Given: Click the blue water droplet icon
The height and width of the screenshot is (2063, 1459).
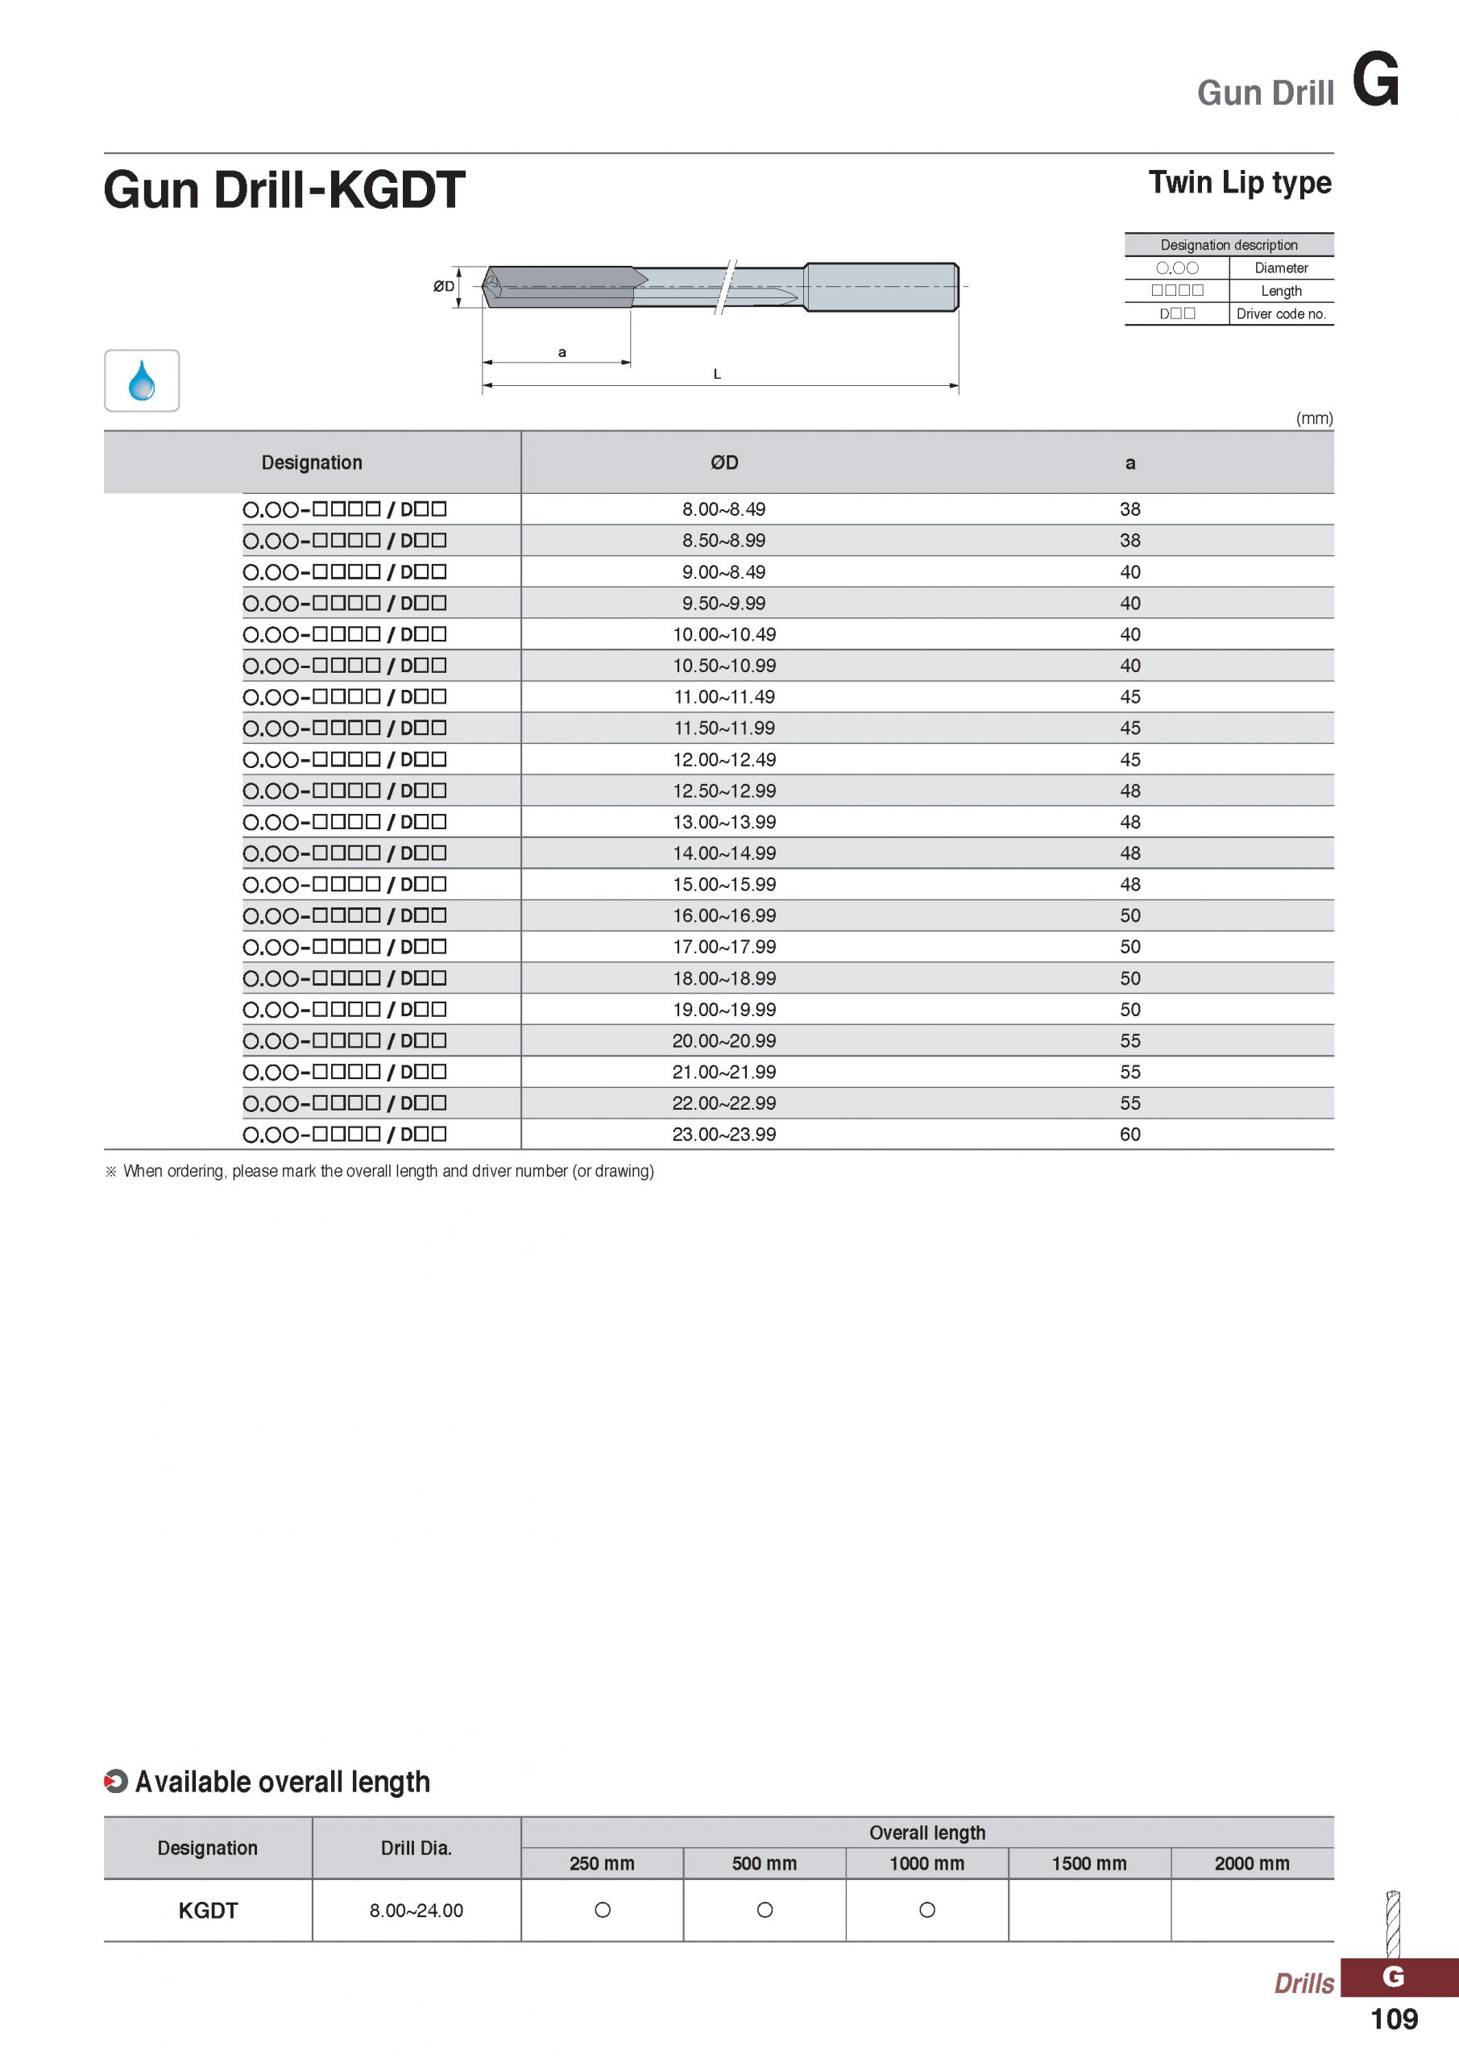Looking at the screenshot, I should point(141,380).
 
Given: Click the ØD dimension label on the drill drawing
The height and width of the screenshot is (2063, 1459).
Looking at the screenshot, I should point(443,287).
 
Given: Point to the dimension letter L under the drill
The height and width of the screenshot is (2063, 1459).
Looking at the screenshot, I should point(716,374).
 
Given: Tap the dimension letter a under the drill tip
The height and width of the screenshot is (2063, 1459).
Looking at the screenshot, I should point(562,352).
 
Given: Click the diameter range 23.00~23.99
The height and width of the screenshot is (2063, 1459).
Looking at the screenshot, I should point(723,1134).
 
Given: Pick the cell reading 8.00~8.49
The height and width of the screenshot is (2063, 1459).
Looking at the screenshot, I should point(723,509).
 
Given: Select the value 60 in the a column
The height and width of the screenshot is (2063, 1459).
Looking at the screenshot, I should point(1129,1134).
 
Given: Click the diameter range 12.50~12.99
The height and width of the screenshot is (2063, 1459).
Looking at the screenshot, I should point(723,791).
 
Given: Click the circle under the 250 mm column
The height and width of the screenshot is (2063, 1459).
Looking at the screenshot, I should point(602,1910).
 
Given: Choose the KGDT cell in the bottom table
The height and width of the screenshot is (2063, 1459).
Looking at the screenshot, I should point(208,1910).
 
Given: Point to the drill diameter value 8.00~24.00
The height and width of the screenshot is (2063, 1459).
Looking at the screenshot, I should point(416,1910).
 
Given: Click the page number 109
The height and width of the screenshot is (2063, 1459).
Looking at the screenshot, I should point(1394,2019).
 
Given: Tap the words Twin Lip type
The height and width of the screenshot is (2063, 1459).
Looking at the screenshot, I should point(1239,182).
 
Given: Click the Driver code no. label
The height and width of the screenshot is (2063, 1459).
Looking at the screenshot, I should point(1280,313).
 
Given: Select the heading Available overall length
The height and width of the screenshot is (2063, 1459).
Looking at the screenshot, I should point(282,1782).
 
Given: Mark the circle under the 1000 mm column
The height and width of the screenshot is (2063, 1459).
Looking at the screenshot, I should point(927,1910).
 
